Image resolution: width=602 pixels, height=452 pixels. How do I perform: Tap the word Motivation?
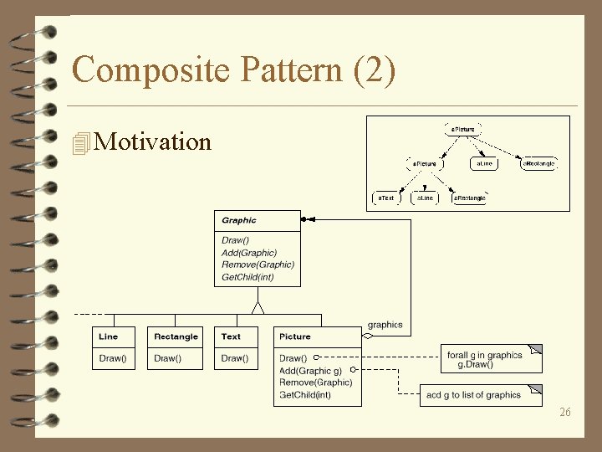point(153,141)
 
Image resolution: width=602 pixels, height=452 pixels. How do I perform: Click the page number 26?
point(565,412)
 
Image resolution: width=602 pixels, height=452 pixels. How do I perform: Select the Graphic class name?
point(239,220)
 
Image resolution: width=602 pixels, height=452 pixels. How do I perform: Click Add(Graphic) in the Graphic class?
point(249,253)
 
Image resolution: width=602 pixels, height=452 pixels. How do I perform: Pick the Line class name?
point(109,336)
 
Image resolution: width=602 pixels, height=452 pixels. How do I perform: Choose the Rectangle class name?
point(176,336)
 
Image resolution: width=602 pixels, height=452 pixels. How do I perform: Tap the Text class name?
point(232,336)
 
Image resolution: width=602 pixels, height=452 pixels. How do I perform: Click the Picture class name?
point(295,336)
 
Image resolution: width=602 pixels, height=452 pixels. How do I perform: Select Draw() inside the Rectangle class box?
point(167,358)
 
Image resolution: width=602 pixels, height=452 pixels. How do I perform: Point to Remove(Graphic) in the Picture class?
point(316,383)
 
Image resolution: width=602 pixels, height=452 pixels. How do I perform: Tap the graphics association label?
point(385,325)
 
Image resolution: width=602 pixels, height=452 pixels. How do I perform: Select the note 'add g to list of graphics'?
point(473,395)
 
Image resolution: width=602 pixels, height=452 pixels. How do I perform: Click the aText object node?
point(385,198)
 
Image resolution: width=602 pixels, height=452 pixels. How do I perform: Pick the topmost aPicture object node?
point(462,130)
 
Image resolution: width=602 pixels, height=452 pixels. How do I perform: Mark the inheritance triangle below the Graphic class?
point(258,307)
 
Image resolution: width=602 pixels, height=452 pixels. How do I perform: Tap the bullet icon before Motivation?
point(81,143)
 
